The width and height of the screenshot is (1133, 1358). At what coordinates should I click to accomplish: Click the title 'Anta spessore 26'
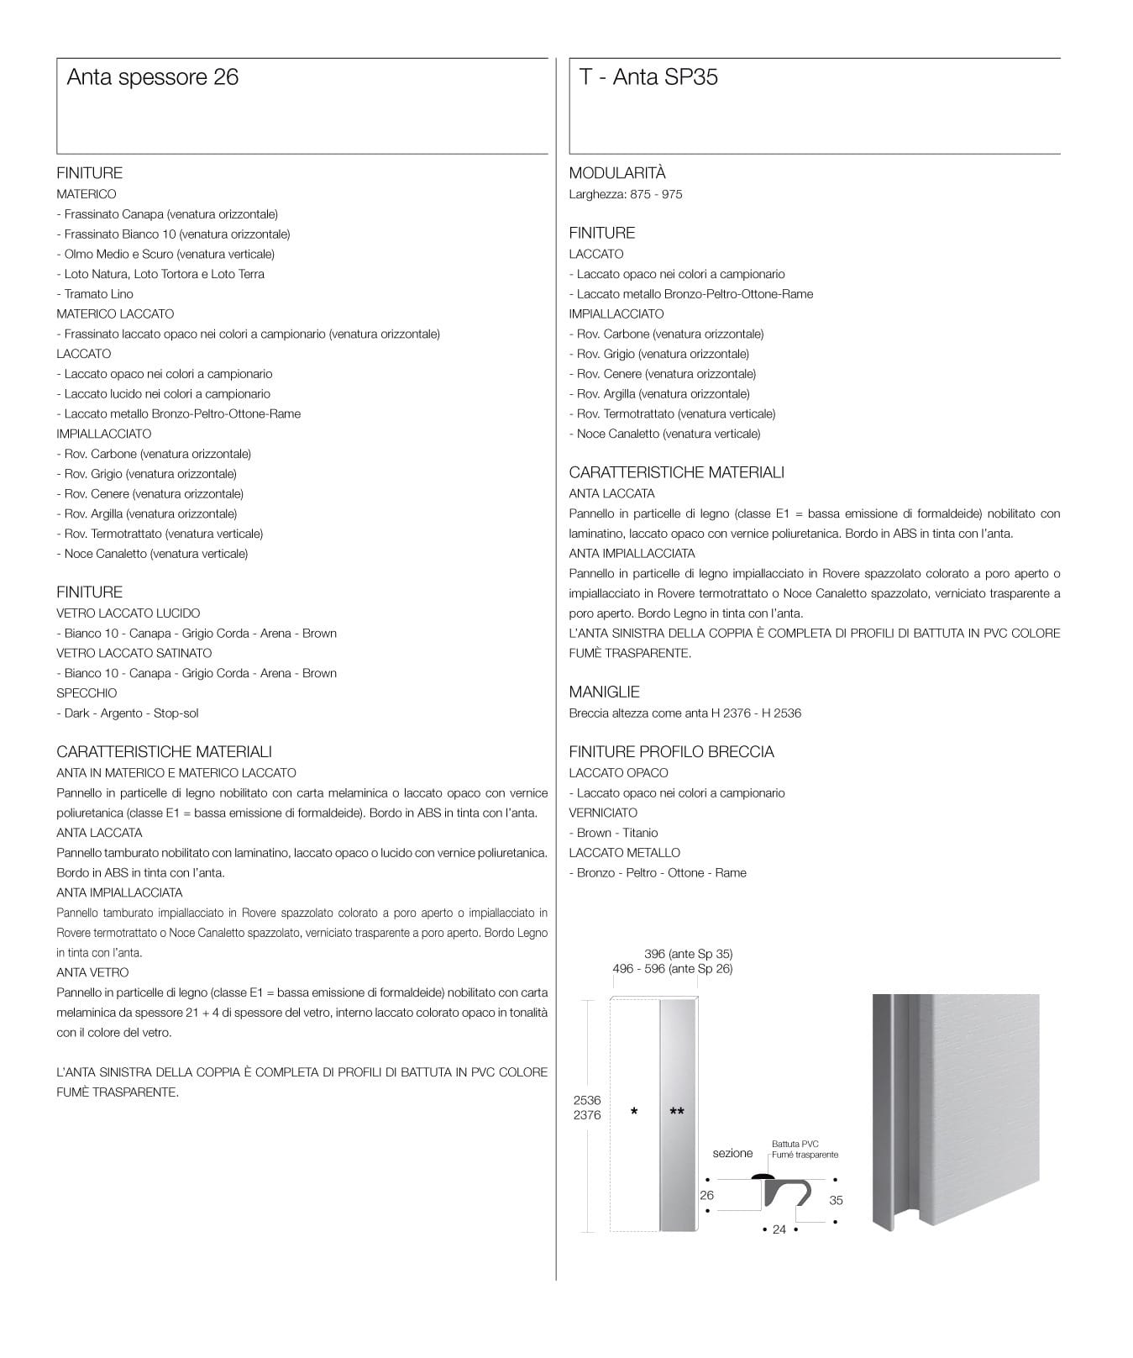[152, 77]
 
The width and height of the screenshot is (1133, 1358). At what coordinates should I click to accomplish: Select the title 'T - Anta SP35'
[648, 77]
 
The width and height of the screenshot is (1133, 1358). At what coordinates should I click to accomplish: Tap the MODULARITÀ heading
[616, 173]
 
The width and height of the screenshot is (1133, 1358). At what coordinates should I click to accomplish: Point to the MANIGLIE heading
[604, 692]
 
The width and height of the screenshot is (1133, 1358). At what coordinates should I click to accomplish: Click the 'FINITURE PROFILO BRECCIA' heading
[671, 752]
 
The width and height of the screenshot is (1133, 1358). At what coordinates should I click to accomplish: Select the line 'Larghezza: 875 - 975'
[625, 195]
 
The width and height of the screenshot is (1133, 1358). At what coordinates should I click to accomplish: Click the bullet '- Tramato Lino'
[95, 294]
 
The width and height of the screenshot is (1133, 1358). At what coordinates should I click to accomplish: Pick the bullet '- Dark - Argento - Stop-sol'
[128, 713]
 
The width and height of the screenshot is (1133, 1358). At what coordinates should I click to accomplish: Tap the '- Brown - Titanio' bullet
[613, 833]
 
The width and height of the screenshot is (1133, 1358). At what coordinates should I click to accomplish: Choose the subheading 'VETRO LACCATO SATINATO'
[134, 653]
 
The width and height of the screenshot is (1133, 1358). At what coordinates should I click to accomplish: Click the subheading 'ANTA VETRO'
[92, 972]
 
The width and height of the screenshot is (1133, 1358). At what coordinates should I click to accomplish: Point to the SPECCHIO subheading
[87, 693]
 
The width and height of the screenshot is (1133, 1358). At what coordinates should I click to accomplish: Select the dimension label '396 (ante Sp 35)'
[688, 954]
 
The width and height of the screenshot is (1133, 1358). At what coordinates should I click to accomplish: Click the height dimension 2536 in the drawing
[587, 1100]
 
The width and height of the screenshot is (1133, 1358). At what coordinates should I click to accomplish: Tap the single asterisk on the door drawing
[634, 1112]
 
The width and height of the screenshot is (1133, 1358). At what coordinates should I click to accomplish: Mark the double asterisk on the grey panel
[677, 1112]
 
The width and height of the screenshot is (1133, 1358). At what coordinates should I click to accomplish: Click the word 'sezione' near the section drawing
[732, 1153]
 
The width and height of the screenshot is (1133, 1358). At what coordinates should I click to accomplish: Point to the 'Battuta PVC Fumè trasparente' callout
[804, 1150]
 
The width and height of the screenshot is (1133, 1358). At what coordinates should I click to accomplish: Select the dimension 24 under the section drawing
[779, 1229]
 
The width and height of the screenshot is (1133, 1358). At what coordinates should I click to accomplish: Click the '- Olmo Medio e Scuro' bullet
[165, 255]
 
